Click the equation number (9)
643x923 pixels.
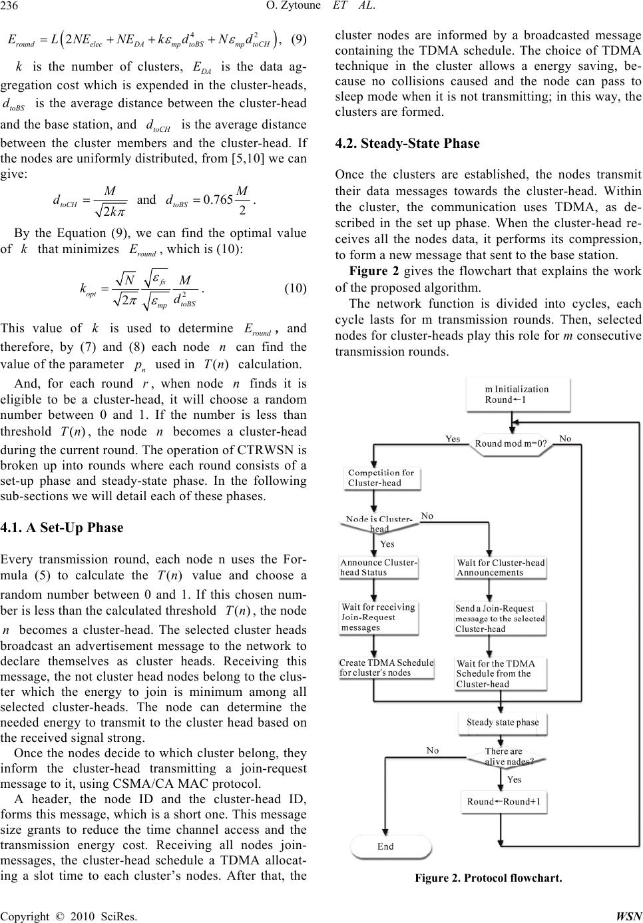tap(299, 39)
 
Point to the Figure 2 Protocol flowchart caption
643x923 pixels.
tap(488, 878)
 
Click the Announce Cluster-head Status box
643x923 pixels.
tap(379, 567)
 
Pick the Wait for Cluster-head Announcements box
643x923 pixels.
tap(501, 567)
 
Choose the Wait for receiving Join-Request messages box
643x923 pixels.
tap(378, 617)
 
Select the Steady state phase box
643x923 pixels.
tap(503, 722)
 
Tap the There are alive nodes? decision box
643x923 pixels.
tap(509, 756)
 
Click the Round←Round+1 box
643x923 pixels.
tap(505, 801)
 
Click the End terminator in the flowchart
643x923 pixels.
tap(386, 846)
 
